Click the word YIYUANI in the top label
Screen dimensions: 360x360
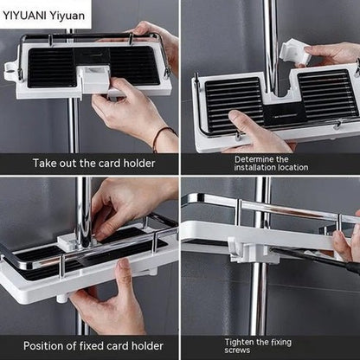(x=24, y=16)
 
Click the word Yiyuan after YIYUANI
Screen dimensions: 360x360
(x=67, y=16)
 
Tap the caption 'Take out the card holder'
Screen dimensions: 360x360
(x=93, y=164)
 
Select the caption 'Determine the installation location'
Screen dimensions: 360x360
(x=271, y=164)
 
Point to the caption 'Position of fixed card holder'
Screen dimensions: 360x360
(x=93, y=345)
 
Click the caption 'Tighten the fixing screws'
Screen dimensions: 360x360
(x=258, y=346)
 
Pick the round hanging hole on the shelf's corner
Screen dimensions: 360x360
(x=10, y=69)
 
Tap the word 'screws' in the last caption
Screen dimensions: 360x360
(x=237, y=350)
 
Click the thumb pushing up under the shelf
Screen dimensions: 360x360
(x=125, y=270)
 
